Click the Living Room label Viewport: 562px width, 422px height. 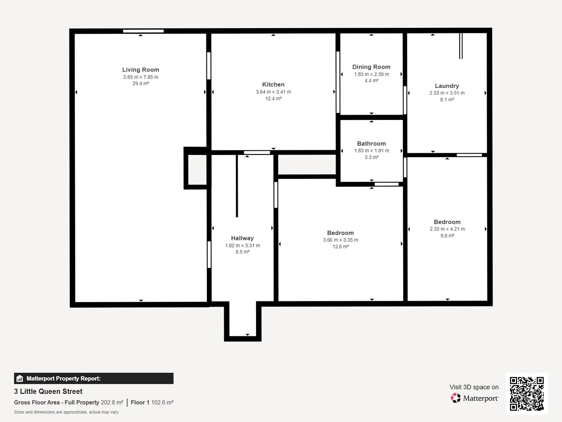point(140,70)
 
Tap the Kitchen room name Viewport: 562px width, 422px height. point(273,84)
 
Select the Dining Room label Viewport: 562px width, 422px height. point(371,67)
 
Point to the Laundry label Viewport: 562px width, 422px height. point(447,86)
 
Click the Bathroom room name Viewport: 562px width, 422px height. point(371,143)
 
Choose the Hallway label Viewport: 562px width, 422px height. point(242,238)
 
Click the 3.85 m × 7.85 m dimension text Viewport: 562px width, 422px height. point(140,77)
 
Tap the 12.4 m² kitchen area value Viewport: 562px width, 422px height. point(273,98)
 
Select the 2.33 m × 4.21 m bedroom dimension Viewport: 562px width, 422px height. point(447,229)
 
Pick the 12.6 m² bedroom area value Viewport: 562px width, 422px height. point(340,247)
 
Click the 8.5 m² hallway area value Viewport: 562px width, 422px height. point(242,252)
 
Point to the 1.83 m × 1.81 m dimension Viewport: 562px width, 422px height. point(372,150)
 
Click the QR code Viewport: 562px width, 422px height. point(526,393)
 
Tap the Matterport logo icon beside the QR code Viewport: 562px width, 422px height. point(455,398)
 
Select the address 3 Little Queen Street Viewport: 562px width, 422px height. point(48,391)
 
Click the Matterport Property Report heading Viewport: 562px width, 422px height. point(63,378)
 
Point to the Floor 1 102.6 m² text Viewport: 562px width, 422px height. point(152,402)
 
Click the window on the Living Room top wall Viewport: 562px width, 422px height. point(143,31)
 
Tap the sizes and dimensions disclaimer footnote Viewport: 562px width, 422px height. point(66,412)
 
